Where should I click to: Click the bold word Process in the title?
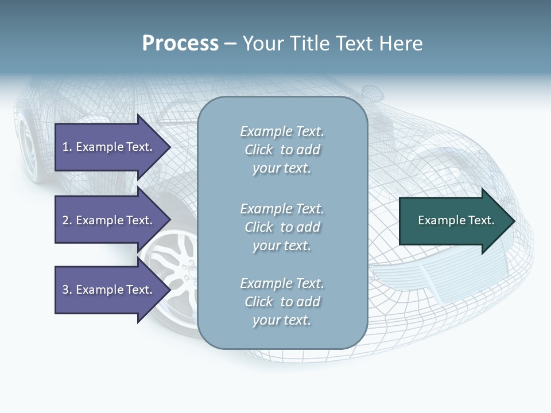180,44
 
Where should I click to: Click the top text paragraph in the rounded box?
282,150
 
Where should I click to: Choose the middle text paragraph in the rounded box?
282,227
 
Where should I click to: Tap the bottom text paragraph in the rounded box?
282,302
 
